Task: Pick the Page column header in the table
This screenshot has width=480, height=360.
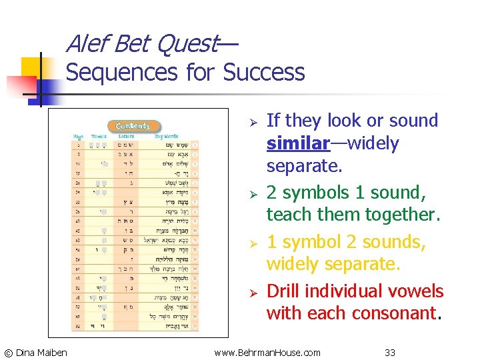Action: click(78, 136)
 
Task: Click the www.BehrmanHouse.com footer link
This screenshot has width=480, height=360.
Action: click(267, 351)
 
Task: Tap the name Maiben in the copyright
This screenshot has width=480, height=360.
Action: click(53, 352)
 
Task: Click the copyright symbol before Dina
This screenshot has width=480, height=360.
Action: click(8, 352)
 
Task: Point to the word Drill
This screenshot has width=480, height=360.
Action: click(285, 291)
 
